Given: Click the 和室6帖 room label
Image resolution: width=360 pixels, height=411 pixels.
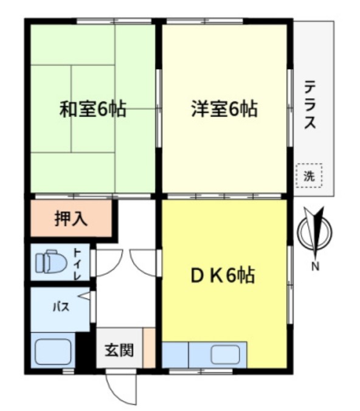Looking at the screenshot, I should [x=92, y=110].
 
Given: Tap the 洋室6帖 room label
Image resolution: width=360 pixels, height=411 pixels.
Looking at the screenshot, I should [x=224, y=110].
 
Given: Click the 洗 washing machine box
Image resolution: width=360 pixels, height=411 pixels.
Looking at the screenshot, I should [x=310, y=176].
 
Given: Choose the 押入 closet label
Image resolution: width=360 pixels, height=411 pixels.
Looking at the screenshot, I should [x=71, y=219].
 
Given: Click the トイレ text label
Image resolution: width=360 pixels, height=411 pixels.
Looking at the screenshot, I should [x=78, y=262].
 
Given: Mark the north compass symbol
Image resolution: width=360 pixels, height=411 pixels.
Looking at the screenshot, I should [x=316, y=231].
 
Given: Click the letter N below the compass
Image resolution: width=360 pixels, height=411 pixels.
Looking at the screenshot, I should [x=315, y=266].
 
